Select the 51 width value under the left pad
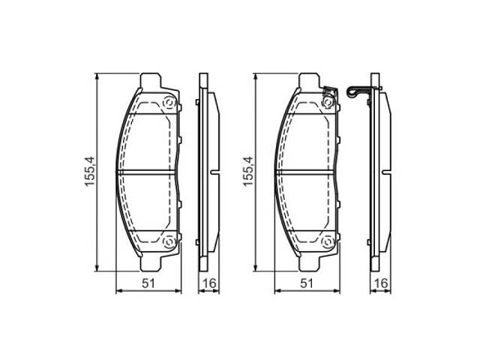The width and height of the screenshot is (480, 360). pos(148,283)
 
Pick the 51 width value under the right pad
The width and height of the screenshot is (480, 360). pos(306,283)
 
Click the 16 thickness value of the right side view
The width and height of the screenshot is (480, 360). pos(382,283)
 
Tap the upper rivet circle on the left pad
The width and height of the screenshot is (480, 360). pos(168,103)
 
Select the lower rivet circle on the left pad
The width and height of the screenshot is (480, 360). pos(168,241)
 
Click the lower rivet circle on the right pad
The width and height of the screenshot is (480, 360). pos(326,241)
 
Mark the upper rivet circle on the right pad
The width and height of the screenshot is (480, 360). pos(326,103)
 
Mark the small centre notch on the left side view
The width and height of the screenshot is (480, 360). pos(215,172)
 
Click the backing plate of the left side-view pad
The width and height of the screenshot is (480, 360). pos(199,172)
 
